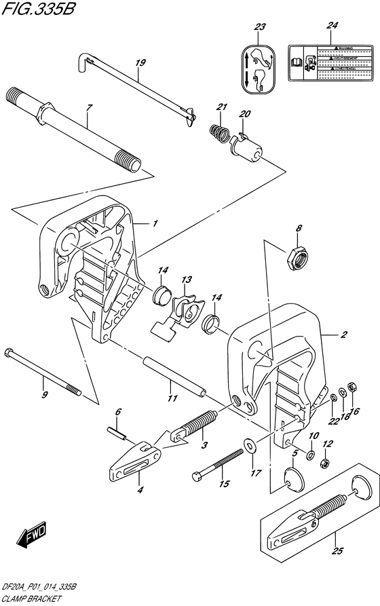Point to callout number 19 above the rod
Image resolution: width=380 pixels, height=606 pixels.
coord(140,64)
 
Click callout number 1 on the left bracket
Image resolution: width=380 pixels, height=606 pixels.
coord(155,222)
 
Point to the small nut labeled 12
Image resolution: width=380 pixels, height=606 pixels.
coord(324,464)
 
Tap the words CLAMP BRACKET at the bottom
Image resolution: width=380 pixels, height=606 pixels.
coord(33,600)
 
